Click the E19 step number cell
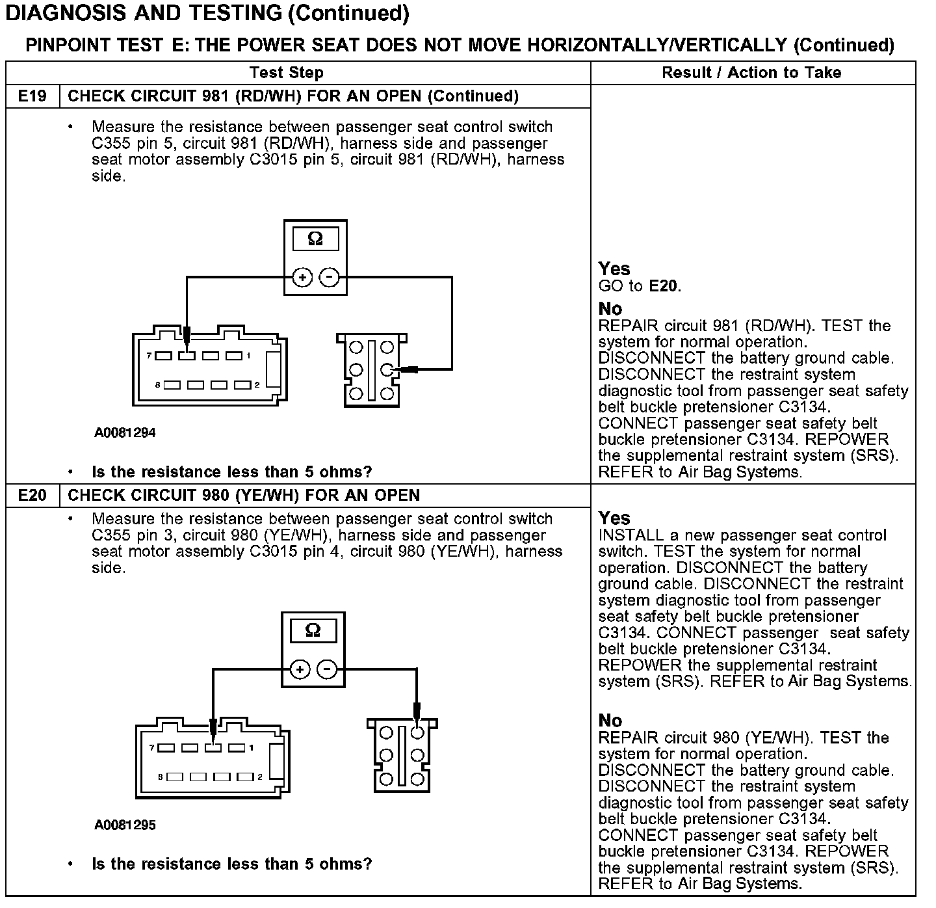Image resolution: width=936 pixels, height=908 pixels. click(x=32, y=96)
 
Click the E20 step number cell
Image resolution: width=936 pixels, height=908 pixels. click(x=32, y=496)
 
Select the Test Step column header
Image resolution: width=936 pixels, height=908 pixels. click(x=287, y=73)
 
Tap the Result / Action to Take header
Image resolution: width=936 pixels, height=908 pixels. click(x=751, y=73)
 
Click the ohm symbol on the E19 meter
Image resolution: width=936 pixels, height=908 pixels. click(x=315, y=239)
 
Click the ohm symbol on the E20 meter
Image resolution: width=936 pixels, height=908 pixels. click(x=313, y=631)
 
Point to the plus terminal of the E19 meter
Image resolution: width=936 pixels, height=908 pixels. click(x=302, y=278)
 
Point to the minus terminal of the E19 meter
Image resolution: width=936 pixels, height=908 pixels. click(x=330, y=278)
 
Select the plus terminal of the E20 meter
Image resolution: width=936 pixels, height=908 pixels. click(x=299, y=669)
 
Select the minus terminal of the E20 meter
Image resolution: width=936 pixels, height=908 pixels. click(x=328, y=669)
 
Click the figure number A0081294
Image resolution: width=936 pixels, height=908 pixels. click(x=125, y=433)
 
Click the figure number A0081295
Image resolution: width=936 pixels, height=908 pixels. click(x=125, y=825)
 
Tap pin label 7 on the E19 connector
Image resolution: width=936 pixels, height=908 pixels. click(x=149, y=356)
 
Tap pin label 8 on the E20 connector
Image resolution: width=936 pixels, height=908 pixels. click(x=160, y=777)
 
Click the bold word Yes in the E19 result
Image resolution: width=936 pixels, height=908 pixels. click(x=614, y=269)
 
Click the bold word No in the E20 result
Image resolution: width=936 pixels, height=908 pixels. click(x=610, y=721)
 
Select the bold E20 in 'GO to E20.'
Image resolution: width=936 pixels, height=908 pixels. click(x=664, y=286)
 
